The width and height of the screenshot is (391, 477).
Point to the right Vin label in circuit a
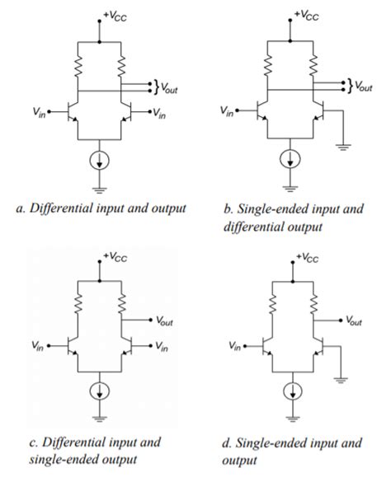click(x=162, y=111)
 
